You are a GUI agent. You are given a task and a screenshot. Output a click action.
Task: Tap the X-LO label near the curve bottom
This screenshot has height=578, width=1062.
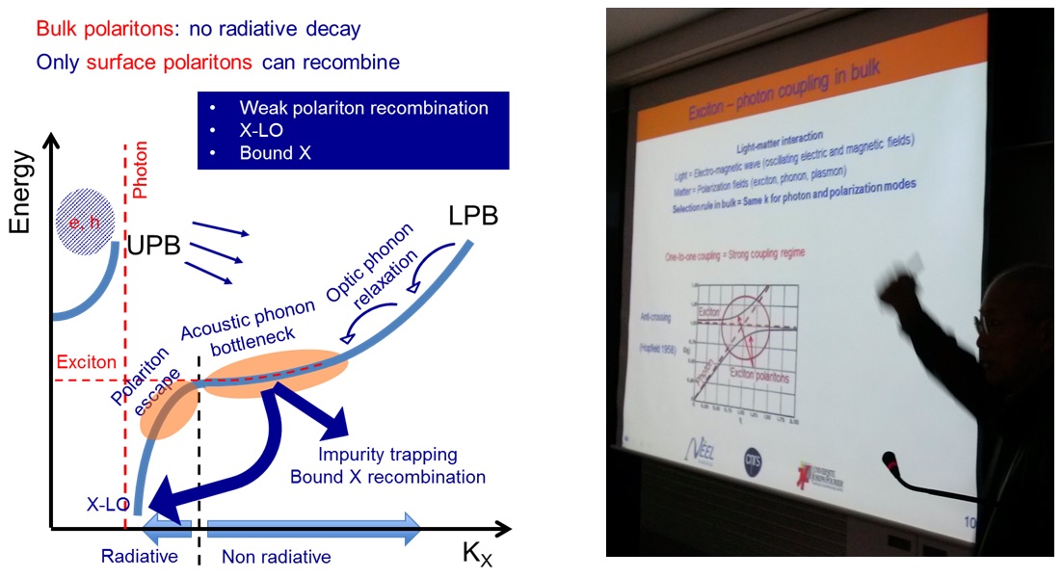(x=105, y=503)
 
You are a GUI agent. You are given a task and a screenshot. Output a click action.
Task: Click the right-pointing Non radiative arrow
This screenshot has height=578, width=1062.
(x=314, y=528)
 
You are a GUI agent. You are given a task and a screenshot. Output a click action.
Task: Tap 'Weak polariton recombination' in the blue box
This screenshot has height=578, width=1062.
(x=364, y=106)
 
